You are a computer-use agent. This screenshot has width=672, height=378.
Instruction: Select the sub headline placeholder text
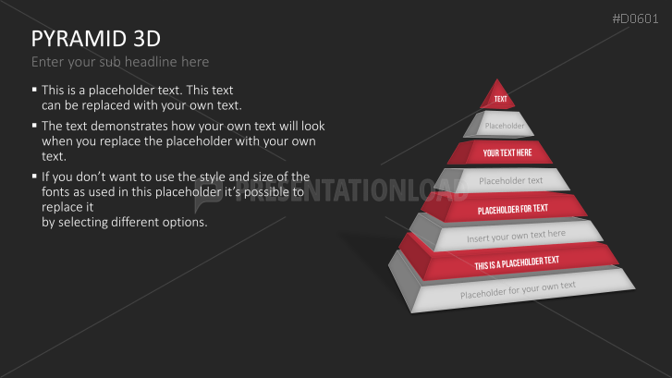point(120,62)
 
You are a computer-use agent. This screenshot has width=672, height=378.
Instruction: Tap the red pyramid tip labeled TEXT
point(500,98)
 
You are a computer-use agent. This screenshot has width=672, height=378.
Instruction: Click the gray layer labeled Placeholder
point(504,126)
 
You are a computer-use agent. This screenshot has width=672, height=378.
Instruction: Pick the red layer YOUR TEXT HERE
point(507,152)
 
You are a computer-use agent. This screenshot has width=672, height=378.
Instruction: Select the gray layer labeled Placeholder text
point(510,180)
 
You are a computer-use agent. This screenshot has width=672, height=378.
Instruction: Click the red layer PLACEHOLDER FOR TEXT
point(512,209)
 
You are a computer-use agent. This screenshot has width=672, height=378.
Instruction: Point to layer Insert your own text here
point(516,237)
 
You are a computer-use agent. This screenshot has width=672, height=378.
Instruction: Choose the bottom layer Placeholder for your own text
point(518,290)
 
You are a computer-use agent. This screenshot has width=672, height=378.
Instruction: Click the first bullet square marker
point(34,90)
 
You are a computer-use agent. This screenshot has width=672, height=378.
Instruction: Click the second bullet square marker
point(34,125)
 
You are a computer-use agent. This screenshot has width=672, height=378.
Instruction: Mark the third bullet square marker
point(34,175)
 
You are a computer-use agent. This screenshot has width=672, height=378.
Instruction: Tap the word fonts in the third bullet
point(56,189)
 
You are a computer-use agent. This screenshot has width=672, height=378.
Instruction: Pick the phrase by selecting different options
point(124,223)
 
